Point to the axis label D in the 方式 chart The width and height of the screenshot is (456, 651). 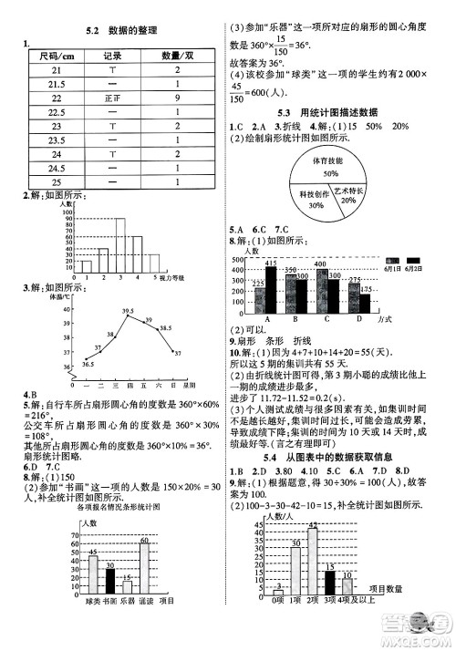click(359, 319)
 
